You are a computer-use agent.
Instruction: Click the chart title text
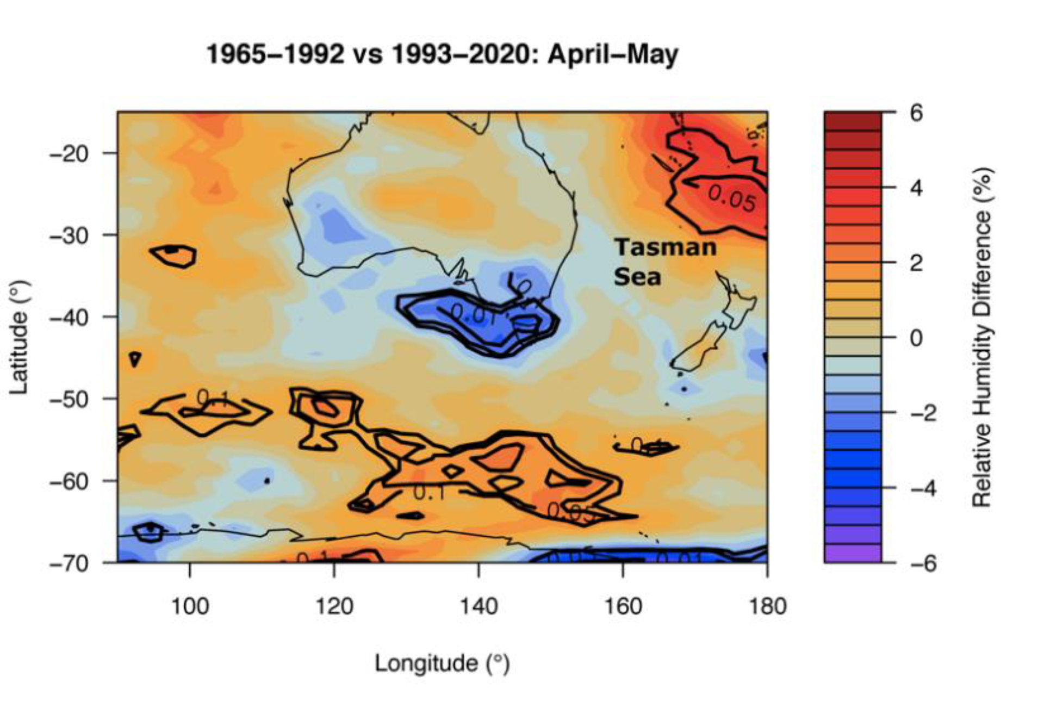point(442,54)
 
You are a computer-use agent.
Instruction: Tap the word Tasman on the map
point(665,247)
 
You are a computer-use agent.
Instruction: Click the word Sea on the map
point(637,277)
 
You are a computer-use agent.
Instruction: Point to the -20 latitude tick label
point(69,154)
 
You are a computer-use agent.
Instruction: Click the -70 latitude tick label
point(69,563)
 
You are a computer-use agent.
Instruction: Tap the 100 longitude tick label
point(189,606)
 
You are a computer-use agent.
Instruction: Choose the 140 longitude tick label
point(478,606)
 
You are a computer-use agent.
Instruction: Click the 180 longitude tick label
point(767,606)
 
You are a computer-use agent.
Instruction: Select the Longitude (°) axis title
point(442,663)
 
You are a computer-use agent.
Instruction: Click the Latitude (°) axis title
point(20,337)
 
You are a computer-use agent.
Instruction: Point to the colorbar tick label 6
point(916,113)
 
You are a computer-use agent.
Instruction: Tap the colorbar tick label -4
point(923,488)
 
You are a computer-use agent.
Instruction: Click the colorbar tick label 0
point(916,338)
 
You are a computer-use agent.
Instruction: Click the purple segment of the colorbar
point(852,553)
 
